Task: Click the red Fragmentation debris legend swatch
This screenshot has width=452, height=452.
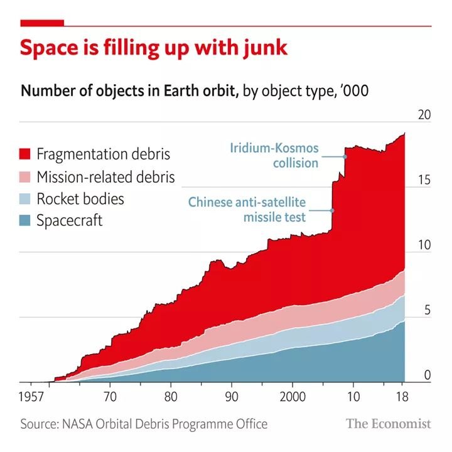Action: pos(25,154)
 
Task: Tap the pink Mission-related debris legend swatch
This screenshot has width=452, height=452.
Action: pos(25,177)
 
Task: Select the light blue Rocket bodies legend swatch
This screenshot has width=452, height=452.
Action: pos(25,200)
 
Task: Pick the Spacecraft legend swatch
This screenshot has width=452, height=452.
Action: pos(25,221)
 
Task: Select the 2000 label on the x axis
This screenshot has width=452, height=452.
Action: pos(293,397)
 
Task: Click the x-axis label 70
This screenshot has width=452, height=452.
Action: pos(110,397)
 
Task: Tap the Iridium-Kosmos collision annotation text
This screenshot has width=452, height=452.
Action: pos(274,156)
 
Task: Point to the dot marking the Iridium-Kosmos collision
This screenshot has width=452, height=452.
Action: pos(345,156)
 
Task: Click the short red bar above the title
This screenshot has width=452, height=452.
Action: pos(42,23)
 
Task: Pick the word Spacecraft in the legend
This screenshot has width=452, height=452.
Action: pos(69,221)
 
